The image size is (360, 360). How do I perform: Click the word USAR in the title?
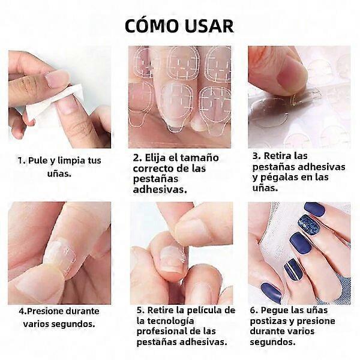coord(209,26)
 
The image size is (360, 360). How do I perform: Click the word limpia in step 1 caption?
coord(71,160)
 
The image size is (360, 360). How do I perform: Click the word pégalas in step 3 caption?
coord(280,178)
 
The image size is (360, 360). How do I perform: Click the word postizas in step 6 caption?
coord(267,321)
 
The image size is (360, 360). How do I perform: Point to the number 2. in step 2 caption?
coord(137,158)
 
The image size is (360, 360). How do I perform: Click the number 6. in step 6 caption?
coord(254,310)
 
